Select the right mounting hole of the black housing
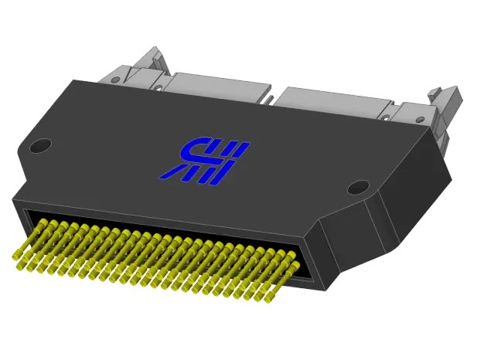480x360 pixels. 358,187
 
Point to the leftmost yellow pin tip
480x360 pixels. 16,256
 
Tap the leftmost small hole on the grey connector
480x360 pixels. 158,88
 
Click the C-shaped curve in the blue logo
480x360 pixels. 189,149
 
